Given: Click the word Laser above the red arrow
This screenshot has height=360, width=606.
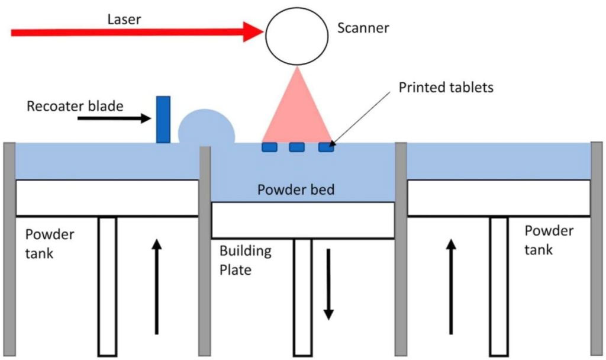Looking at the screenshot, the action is (x=124, y=20).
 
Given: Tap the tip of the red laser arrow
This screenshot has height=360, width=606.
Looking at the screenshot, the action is (x=264, y=32).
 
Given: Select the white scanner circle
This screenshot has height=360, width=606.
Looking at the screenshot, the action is (x=297, y=36).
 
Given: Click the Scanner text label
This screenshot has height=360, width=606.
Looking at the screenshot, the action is (x=363, y=28).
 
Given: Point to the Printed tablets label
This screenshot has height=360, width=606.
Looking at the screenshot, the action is (x=446, y=88).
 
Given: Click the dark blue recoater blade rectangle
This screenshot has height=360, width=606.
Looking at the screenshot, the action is (x=163, y=120).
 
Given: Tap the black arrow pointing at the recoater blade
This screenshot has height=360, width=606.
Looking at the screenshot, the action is (x=114, y=118).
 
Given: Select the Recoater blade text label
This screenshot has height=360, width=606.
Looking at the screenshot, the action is (x=75, y=106).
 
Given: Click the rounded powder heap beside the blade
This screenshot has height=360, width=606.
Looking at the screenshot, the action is (x=207, y=127).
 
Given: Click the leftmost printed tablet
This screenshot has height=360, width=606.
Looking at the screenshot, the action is (x=269, y=147).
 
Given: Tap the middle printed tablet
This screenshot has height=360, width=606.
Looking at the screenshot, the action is (x=297, y=147).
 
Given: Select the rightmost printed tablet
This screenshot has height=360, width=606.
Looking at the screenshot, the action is (x=326, y=147).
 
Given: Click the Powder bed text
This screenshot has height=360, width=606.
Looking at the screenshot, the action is (x=296, y=190).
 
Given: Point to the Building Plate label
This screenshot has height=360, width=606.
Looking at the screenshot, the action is (x=246, y=261).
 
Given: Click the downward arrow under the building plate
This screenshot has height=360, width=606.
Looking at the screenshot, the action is (x=328, y=284).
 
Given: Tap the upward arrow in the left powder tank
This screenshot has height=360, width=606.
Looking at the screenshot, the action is (x=156, y=287).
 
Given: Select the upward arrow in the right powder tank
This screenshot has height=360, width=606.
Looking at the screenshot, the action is (x=451, y=287).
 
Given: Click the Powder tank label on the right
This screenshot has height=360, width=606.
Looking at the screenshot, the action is (x=549, y=240).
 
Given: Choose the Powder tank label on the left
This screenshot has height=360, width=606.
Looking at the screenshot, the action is (x=50, y=244).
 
